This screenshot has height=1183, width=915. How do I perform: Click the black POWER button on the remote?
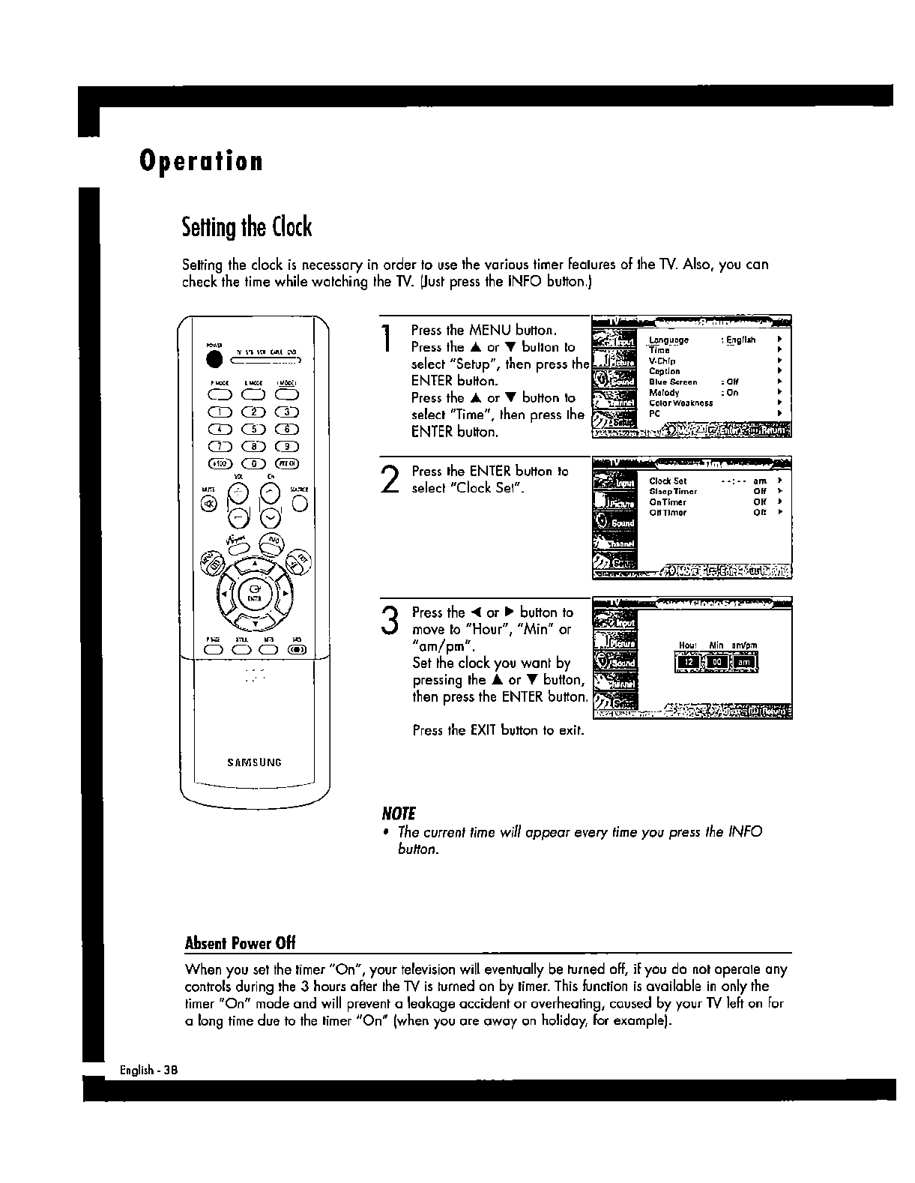click(216, 359)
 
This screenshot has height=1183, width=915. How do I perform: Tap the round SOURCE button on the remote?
click(301, 503)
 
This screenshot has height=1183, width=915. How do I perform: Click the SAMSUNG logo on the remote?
click(254, 762)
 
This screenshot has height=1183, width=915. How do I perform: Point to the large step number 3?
click(389, 621)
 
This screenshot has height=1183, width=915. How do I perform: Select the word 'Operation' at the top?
click(201, 161)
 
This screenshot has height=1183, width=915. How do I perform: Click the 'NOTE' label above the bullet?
click(399, 814)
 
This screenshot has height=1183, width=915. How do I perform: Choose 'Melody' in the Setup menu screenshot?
click(664, 393)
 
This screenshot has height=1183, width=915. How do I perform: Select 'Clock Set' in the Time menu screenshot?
click(668, 481)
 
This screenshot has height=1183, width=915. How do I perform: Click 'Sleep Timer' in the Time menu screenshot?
click(673, 492)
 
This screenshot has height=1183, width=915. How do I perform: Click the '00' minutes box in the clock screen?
click(717, 662)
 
